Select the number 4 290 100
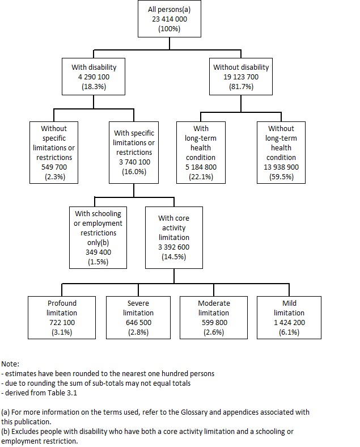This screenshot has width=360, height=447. pyautogui.click(x=94, y=77)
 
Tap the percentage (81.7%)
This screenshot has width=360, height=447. pyautogui.click(x=241, y=87)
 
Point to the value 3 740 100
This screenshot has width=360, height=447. pyautogui.click(x=134, y=162)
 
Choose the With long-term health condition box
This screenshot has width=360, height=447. pyautogui.click(x=201, y=152)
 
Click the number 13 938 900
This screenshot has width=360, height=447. pyautogui.click(x=281, y=167)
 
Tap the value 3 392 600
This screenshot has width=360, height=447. pyautogui.click(x=174, y=247)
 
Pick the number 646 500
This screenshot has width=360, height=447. pyautogui.click(x=138, y=322)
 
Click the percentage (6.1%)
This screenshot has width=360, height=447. pyautogui.click(x=289, y=332)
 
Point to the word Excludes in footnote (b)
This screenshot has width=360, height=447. pyautogui.click(x=26, y=431)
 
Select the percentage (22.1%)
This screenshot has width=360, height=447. pyautogui.click(x=201, y=176)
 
